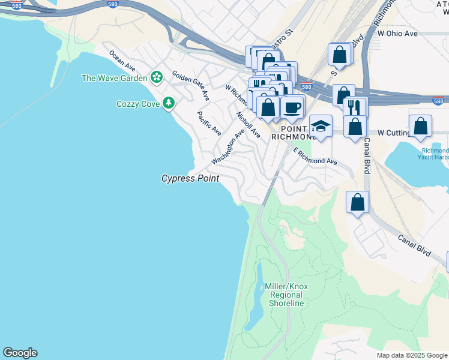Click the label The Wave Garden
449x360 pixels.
114,78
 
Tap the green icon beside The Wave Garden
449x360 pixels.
157,77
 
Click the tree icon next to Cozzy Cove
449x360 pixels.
169,103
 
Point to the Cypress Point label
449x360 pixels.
190,179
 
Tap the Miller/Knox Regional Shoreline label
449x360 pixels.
286,295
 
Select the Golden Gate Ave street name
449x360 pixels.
191,85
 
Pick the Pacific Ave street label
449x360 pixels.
209,123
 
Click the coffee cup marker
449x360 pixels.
292,107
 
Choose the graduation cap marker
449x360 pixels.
321,126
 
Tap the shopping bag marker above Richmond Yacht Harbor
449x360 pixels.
420,126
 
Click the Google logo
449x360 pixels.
20,353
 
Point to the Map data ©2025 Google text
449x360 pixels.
411,355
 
